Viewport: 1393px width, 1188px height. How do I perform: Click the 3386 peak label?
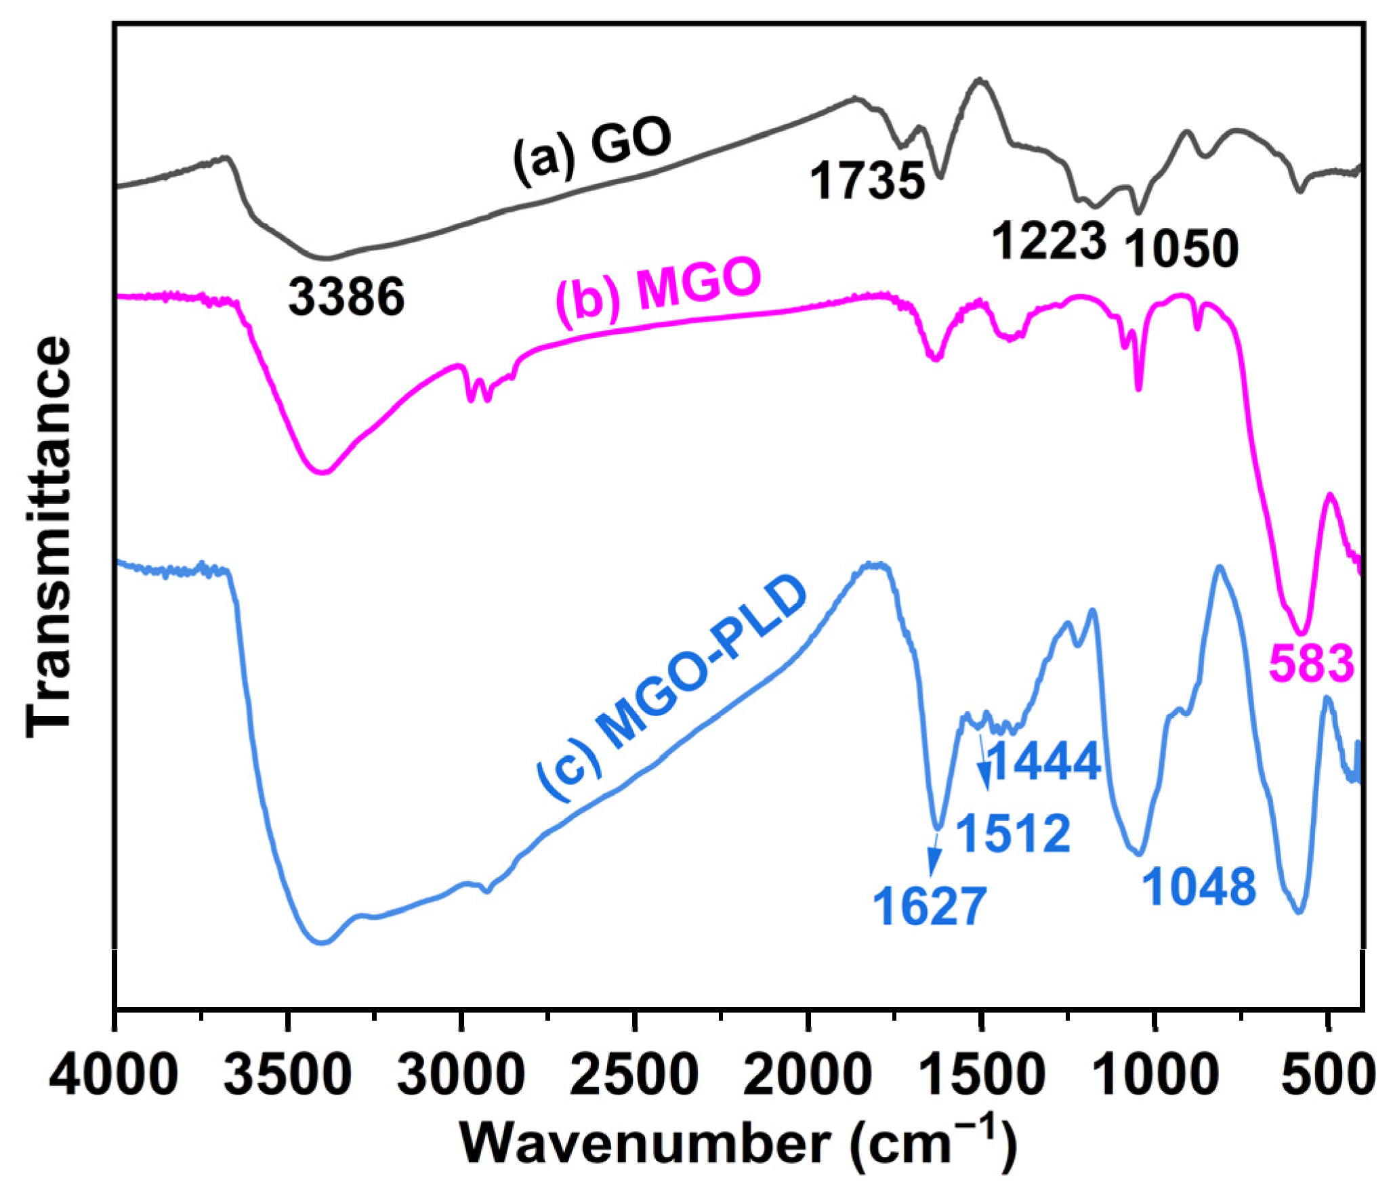coord(346,298)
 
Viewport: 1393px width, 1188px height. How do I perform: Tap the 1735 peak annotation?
coord(867,182)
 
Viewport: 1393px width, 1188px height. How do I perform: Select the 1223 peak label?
coord(1049,242)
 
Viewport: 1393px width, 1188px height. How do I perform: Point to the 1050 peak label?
coord(1181,249)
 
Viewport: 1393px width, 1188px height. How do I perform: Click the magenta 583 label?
coord(1311,663)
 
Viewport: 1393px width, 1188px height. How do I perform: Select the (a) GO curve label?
coord(591,150)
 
